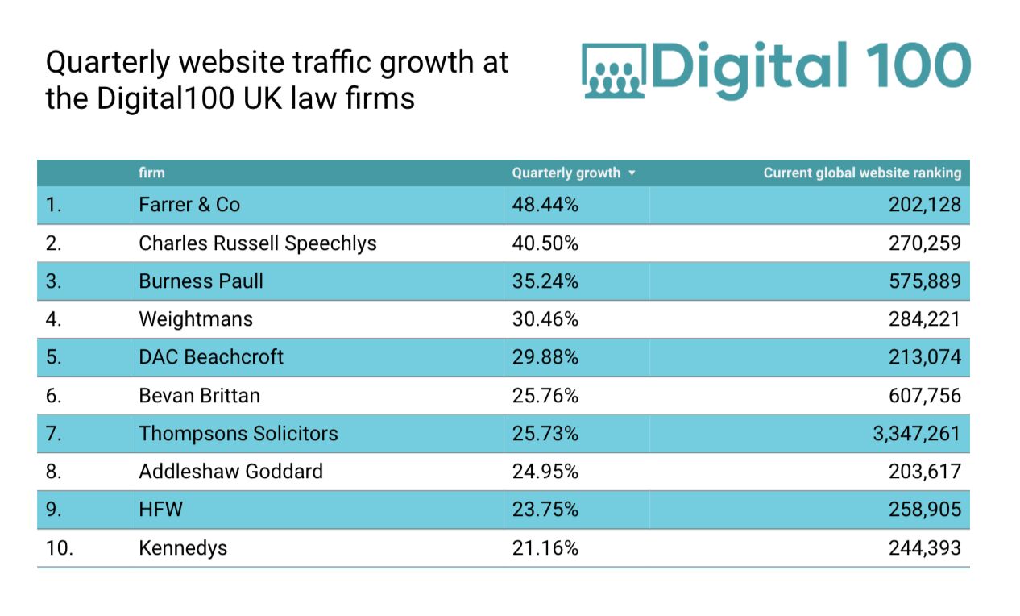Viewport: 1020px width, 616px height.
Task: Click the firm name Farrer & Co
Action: pyautogui.click(x=189, y=205)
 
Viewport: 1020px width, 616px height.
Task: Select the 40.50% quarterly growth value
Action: pyautogui.click(x=545, y=243)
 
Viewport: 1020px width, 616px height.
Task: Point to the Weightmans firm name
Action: pyautogui.click(x=196, y=319)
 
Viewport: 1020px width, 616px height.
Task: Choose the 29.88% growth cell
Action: pyautogui.click(x=545, y=356)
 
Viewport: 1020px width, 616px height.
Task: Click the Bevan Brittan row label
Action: pyautogui.click(x=199, y=395)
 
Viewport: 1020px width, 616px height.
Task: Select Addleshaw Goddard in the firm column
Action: pyautogui.click(x=230, y=471)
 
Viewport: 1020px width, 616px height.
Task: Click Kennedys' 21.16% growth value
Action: pyautogui.click(x=545, y=548)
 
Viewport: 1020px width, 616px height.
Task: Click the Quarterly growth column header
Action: pyautogui.click(x=566, y=173)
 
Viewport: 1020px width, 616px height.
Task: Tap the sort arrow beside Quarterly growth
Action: pyautogui.click(x=632, y=173)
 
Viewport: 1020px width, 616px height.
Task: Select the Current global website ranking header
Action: pyautogui.click(x=862, y=173)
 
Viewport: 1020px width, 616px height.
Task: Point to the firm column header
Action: pyautogui.click(x=151, y=173)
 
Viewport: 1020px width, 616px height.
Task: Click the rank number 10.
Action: pyautogui.click(x=60, y=548)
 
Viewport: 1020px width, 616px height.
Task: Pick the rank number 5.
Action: pyautogui.click(x=53, y=356)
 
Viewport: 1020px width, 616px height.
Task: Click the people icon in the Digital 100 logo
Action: pyautogui.click(x=614, y=71)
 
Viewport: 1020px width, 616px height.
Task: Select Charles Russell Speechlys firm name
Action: pyautogui.click(x=258, y=243)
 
